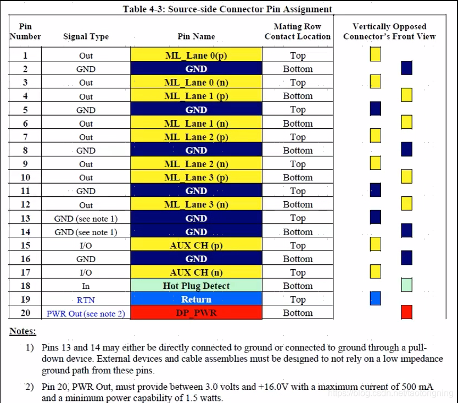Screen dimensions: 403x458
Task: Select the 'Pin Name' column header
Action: pyautogui.click(x=196, y=37)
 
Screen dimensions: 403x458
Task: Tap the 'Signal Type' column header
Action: pyautogui.click(x=86, y=37)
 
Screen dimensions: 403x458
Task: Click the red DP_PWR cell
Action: pyautogui.click(x=196, y=313)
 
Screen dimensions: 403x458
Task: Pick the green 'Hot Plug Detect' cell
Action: pyautogui.click(x=196, y=286)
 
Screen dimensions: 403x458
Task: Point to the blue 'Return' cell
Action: pyautogui.click(x=196, y=299)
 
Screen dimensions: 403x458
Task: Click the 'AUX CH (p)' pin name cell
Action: pyautogui.click(x=196, y=245)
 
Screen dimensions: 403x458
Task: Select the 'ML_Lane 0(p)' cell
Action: pyautogui.click(x=196, y=55)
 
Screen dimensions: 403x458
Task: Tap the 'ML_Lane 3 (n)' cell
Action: pyautogui.click(x=196, y=205)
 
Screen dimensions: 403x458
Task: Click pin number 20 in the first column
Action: pyautogui.click(x=25, y=313)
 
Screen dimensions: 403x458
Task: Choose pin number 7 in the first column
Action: pyautogui.click(x=25, y=137)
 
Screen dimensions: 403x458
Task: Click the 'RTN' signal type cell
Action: pyautogui.click(x=86, y=299)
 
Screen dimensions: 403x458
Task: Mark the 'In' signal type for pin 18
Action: pyautogui.click(x=86, y=286)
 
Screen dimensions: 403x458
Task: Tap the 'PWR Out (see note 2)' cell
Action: pyautogui.click(x=86, y=313)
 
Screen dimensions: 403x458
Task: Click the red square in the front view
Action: pyautogui.click(x=406, y=312)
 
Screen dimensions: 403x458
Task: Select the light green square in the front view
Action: pyautogui.click(x=406, y=285)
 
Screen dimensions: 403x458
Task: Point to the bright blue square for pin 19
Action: pyautogui.click(x=376, y=299)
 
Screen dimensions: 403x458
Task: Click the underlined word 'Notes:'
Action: pyautogui.click(x=23, y=331)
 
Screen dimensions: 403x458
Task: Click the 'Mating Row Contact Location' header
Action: pyautogui.click(x=297, y=31)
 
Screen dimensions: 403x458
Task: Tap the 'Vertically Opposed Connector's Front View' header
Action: pyautogui.click(x=389, y=31)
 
